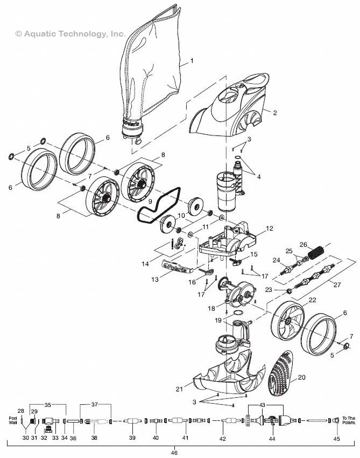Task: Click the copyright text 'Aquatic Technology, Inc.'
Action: (70, 33)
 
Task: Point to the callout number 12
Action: (269, 228)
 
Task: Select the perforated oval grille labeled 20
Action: (285, 372)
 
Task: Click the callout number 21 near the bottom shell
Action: (179, 389)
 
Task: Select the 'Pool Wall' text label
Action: (13, 420)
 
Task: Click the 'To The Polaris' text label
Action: (349, 420)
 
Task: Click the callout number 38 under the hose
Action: (94, 438)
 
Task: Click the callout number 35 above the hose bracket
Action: (47, 404)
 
